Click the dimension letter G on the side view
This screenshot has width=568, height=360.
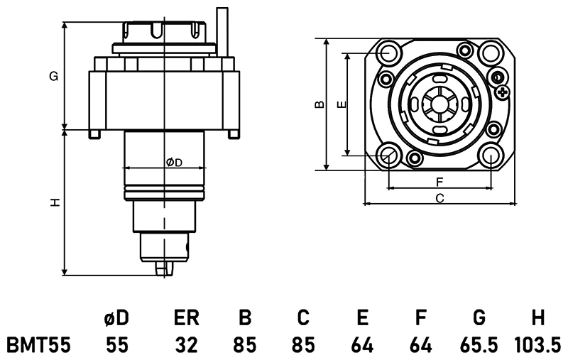click(53, 77)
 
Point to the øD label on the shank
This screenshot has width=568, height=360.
click(174, 163)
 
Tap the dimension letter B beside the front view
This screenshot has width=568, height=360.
click(319, 104)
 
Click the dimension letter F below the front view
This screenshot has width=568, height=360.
click(439, 182)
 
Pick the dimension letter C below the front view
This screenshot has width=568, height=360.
click(439, 198)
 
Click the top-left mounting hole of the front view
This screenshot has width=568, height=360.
click(388, 53)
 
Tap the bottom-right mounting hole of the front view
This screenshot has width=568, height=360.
click(491, 154)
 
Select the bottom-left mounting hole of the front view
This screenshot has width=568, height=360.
click(388, 154)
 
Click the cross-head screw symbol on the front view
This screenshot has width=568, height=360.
click(503, 92)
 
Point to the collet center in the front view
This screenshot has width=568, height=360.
click(439, 104)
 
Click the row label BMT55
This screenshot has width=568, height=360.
click(38, 346)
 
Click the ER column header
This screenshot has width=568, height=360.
click(187, 317)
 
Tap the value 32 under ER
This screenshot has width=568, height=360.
click(187, 346)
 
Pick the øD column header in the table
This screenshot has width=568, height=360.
click(116, 317)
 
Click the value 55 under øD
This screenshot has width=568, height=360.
click(116, 346)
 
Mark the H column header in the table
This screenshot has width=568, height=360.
click(537, 317)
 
